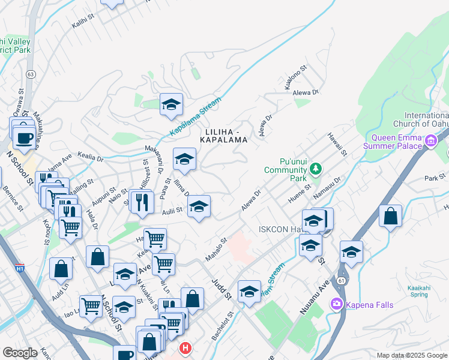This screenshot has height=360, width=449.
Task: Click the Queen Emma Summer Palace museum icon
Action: pos(430,142)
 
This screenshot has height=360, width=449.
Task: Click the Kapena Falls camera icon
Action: pos(337,305)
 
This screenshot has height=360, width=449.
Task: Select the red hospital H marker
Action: pos(185,347)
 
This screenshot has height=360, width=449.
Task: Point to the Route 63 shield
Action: pos(30,74)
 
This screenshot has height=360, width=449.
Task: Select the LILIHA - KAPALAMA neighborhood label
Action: pos(226,136)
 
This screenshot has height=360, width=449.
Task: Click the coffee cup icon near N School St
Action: pos(24,137)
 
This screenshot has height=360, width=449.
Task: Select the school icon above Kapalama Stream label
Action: pos(171,104)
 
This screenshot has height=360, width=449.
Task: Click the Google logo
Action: pos(20,353)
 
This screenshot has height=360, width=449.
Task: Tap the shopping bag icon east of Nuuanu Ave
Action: pos(391,217)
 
